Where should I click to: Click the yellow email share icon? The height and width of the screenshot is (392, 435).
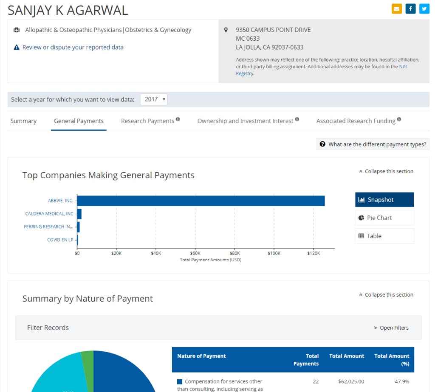click(397, 8)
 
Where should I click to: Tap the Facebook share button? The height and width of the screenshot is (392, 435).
click(410, 8)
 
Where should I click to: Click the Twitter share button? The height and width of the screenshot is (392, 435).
click(424, 8)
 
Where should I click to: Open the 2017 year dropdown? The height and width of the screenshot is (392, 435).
click(154, 99)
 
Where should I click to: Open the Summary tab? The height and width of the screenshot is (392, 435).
click(23, 121)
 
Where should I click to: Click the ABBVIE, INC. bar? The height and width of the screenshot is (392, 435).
click(201, 201)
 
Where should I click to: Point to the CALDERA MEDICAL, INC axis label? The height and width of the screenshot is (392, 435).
click(49, 214)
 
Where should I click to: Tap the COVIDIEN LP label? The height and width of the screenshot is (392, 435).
click(60, 240)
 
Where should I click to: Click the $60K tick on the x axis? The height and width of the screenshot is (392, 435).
click(195, 253)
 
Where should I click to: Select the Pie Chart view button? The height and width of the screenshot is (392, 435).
click(384, 218)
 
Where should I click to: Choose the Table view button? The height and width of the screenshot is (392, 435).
click(384, 236)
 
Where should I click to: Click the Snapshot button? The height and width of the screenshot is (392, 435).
click(384, 200)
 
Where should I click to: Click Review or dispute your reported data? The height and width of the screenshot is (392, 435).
click(73, 47)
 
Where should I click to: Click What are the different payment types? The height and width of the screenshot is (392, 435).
click(373, 144)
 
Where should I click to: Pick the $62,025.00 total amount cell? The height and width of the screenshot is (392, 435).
click(351, 381)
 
